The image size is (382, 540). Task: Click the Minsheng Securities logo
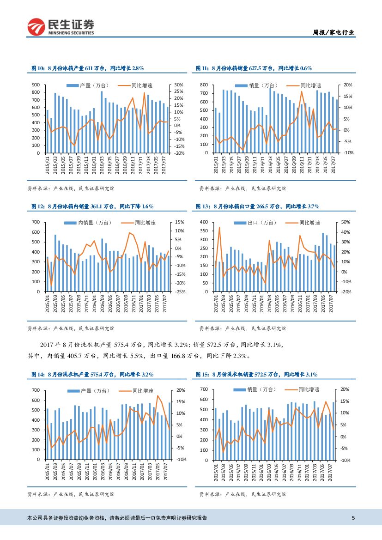pos(61,27)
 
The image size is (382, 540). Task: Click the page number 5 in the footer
pos(353,518)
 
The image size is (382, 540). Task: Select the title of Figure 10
pos(87,68)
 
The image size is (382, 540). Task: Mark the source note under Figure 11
pos(243,188)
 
